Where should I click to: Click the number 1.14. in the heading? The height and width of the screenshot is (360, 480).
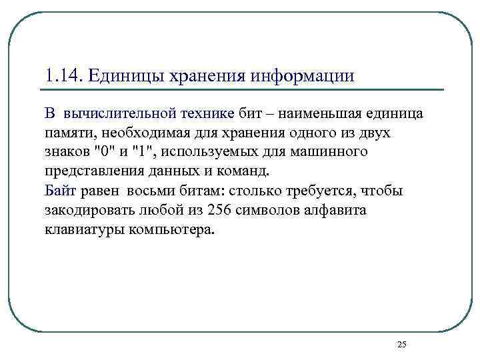62,75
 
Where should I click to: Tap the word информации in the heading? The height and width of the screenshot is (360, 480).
303,75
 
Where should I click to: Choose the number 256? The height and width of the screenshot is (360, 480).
220,211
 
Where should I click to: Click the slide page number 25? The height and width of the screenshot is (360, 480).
401,344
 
